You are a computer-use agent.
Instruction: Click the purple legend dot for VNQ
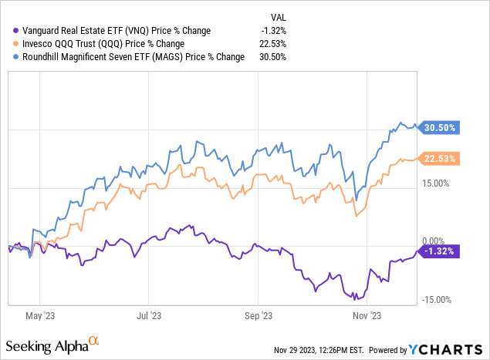pyautogui.click(x=8, y=30)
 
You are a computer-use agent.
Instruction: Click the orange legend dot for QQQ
pyautogui.click(x=8, y=43)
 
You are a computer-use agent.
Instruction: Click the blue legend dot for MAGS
pyautogui.click(x=8, y=56)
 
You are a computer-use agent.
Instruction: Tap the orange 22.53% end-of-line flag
pyautogui.click(x=438, y=159)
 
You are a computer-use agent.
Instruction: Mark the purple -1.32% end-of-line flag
pyautogui.click(x=438, y=251)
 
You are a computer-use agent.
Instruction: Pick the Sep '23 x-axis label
pyautogui.click(x=259, y=315)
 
